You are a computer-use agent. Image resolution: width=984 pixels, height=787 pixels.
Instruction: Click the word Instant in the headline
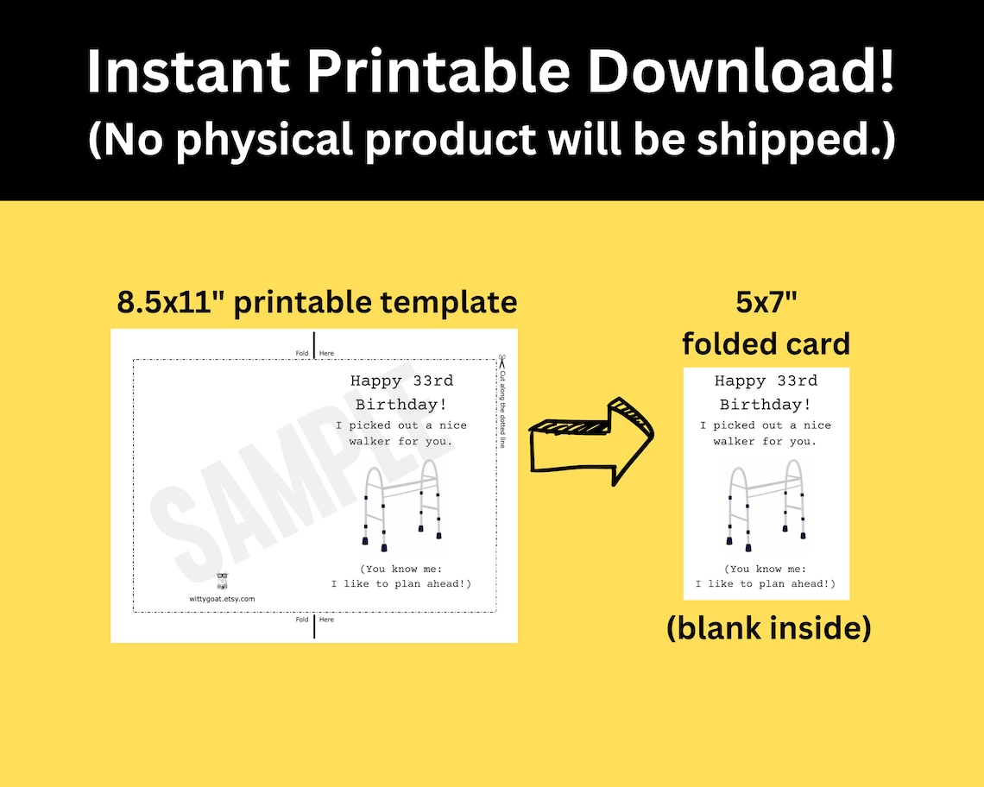click(188, 72)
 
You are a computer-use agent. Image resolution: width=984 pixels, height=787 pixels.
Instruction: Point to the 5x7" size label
click(766, 304)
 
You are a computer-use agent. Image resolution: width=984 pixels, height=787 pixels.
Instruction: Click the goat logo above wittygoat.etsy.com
click(222, 582)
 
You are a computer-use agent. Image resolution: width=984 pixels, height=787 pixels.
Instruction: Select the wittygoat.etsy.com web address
click(222, 598)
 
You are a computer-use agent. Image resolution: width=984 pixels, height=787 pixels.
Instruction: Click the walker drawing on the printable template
click(401, 507)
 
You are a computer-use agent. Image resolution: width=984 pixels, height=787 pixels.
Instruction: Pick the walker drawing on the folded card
click(766, 506)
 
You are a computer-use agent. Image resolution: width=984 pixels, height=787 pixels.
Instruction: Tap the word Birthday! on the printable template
click(401, 404)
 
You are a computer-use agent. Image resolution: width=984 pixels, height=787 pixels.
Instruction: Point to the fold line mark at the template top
click(314, 344)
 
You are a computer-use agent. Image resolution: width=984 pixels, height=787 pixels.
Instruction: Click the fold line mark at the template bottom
click(314, 627)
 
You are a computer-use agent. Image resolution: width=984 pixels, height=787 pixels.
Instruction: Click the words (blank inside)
click(768, 628)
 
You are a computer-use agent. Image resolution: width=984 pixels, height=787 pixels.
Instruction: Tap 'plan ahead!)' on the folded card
click(797, 583)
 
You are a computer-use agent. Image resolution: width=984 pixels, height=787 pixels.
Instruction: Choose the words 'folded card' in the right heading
click(766, 343)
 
